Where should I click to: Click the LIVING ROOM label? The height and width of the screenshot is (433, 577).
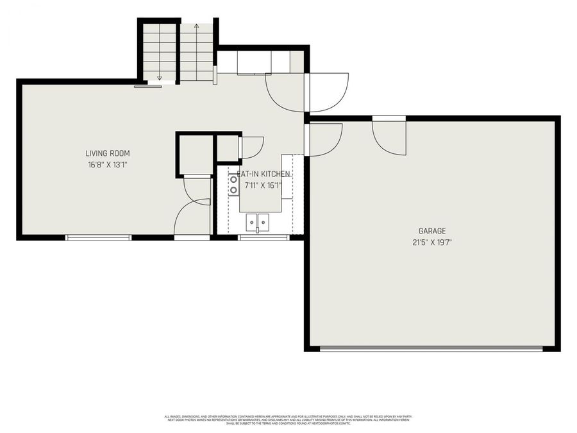pos(108,153)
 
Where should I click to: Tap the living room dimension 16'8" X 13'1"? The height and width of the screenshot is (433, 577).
pos(108,165)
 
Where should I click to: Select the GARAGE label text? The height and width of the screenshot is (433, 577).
pos(431,231)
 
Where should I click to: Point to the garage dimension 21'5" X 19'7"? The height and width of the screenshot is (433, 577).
pos(431,242)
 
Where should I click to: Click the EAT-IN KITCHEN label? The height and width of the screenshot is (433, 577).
pos(263,174)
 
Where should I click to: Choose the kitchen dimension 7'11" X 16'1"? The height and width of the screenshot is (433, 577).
pos(263,185)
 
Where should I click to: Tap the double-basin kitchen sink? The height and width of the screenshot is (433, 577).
pos(259,222)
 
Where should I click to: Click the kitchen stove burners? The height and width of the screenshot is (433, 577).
pos(234,184)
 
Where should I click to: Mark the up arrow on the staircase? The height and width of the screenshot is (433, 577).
pos(196,29)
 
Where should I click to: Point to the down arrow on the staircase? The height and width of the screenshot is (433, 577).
pos(160,77)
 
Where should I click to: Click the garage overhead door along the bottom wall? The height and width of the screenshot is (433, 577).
pos(431,349)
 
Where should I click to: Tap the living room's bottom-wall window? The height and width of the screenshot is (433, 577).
pos(99,237)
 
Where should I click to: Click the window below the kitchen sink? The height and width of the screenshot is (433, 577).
pos(263,237)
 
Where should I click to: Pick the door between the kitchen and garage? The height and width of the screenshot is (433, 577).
pos(324,139)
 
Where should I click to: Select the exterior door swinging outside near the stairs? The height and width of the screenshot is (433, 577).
pos(328,92)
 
